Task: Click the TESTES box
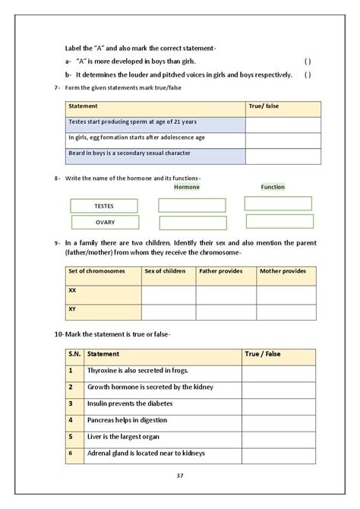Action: (103, 206)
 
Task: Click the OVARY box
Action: (105, 223)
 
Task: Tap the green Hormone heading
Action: (187, 187)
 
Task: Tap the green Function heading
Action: (273, 186)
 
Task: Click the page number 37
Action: (180, 476)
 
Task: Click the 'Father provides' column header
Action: (220, 271)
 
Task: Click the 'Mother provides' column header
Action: (283, 271)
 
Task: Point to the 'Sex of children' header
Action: (165, 271)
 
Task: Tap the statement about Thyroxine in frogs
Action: (137, 371)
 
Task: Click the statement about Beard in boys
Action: (129, 153)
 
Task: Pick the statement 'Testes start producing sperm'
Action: (133, 122)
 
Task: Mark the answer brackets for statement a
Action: (308, 61)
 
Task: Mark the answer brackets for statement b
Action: (308, 74)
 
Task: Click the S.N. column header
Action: (74, 354)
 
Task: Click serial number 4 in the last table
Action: (71, 420)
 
